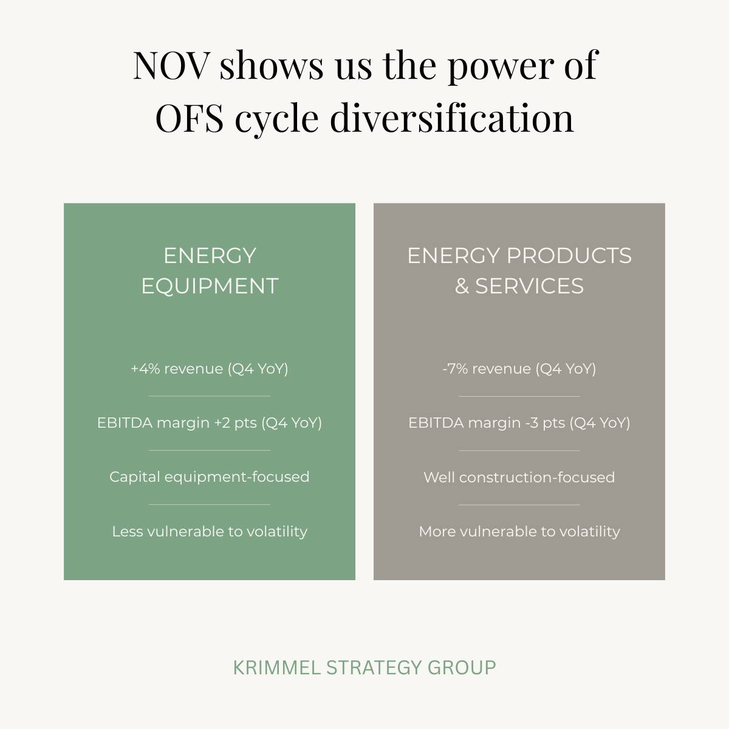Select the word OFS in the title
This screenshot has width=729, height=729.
pyautogui.click(x=189, y=118)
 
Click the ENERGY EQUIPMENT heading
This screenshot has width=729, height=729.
pyautogui.click(x=210, y=270)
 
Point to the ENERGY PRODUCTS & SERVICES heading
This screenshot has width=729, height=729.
pyautogui.click(x=519, y=270)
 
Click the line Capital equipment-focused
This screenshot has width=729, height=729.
pyautogui.click(x=209, y=477)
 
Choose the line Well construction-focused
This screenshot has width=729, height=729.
pyautogui.click(x=519, y=477)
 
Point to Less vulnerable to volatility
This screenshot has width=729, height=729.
pyautogui.click(x=210, y=532)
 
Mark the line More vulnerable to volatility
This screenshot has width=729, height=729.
pyautogui.click(x=519, y=532)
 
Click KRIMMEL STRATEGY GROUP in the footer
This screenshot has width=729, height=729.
pyautogui.click(x=364, y=668)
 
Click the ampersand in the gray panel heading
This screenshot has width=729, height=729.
pyautogui.click(x=462, y=286)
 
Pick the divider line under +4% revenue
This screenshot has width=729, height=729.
pyautogui.click(x=210, y=396)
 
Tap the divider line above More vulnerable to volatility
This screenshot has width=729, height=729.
pyautogui.click(x=519, y=504)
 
